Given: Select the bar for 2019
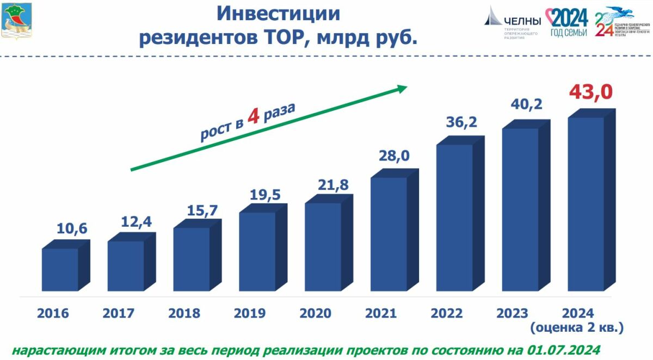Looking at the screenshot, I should pyautogui.click(x=257, y=251).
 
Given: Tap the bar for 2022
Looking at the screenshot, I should pyautogui.click(x=454, y=218).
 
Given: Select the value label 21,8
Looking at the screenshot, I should pyautogui.click(x=329, y=185).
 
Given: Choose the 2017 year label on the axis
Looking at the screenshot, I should pyautogui.click(x=119, y=314).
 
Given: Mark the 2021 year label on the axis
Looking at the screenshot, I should pyautogui.click(x=381, y=314).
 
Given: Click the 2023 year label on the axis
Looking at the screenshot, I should pyautogui.click(x=512, y=314).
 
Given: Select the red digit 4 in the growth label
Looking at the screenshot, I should pyautogui.click(x=252, y=116).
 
